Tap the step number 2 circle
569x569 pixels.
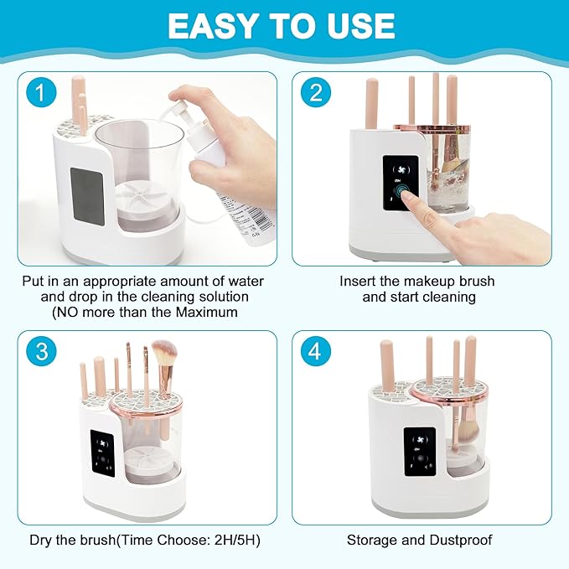(315, 92)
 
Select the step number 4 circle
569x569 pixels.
(315, 352)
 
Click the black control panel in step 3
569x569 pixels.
(102, 453)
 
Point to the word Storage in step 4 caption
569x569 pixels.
(372, 541)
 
